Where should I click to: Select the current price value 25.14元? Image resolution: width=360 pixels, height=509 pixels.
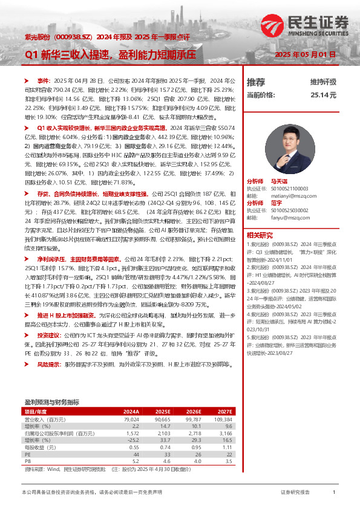(323, 95)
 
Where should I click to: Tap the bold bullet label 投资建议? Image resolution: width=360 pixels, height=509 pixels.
(48, 334)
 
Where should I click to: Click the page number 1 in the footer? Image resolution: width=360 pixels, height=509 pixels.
(334, 493)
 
